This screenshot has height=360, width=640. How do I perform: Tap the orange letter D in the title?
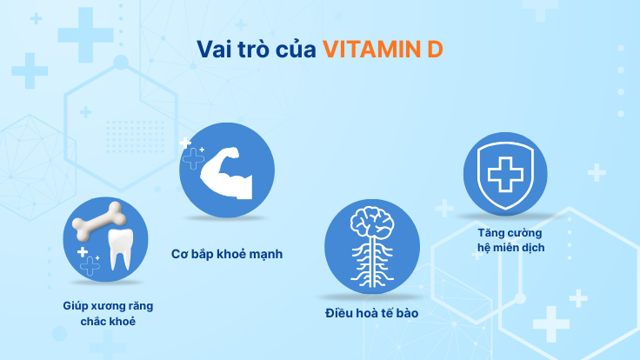click(435, 49)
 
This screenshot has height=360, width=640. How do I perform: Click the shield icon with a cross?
click(504, 176)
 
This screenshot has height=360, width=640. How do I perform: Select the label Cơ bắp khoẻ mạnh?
click(227, 255)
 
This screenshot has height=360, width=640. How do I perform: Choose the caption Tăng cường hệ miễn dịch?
click(510, 240)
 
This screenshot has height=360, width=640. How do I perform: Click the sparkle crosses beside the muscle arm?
click(190, 155)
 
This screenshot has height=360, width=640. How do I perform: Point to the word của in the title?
click(295, 50)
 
